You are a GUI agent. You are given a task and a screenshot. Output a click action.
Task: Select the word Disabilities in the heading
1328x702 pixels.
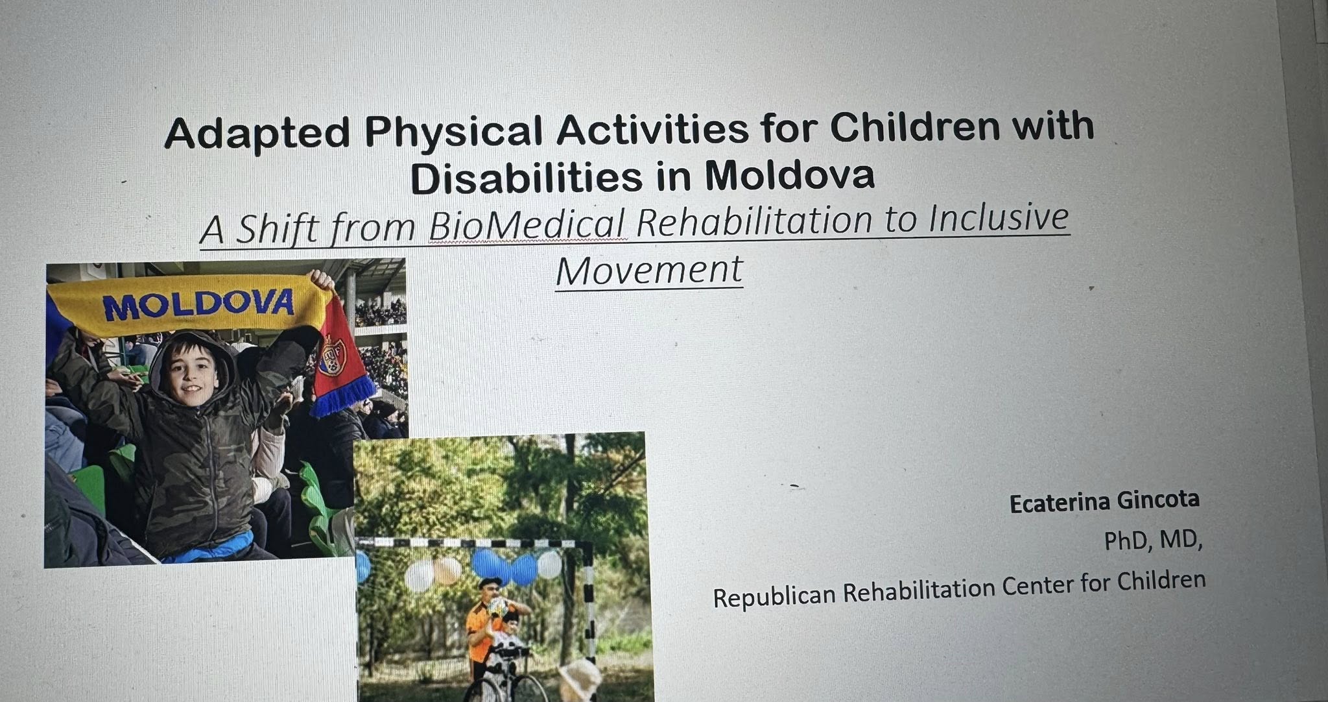(x=528, y=177)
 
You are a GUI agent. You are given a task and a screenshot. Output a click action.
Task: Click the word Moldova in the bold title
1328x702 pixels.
(x=789, y=174)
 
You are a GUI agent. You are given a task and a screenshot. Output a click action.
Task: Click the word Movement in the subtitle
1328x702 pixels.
(x=649, y=271)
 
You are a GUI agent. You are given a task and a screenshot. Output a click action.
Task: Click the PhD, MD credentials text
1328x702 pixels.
(x=1153, y=539)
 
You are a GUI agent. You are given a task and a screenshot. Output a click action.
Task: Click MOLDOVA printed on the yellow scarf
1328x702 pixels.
(x=198, y=304)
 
